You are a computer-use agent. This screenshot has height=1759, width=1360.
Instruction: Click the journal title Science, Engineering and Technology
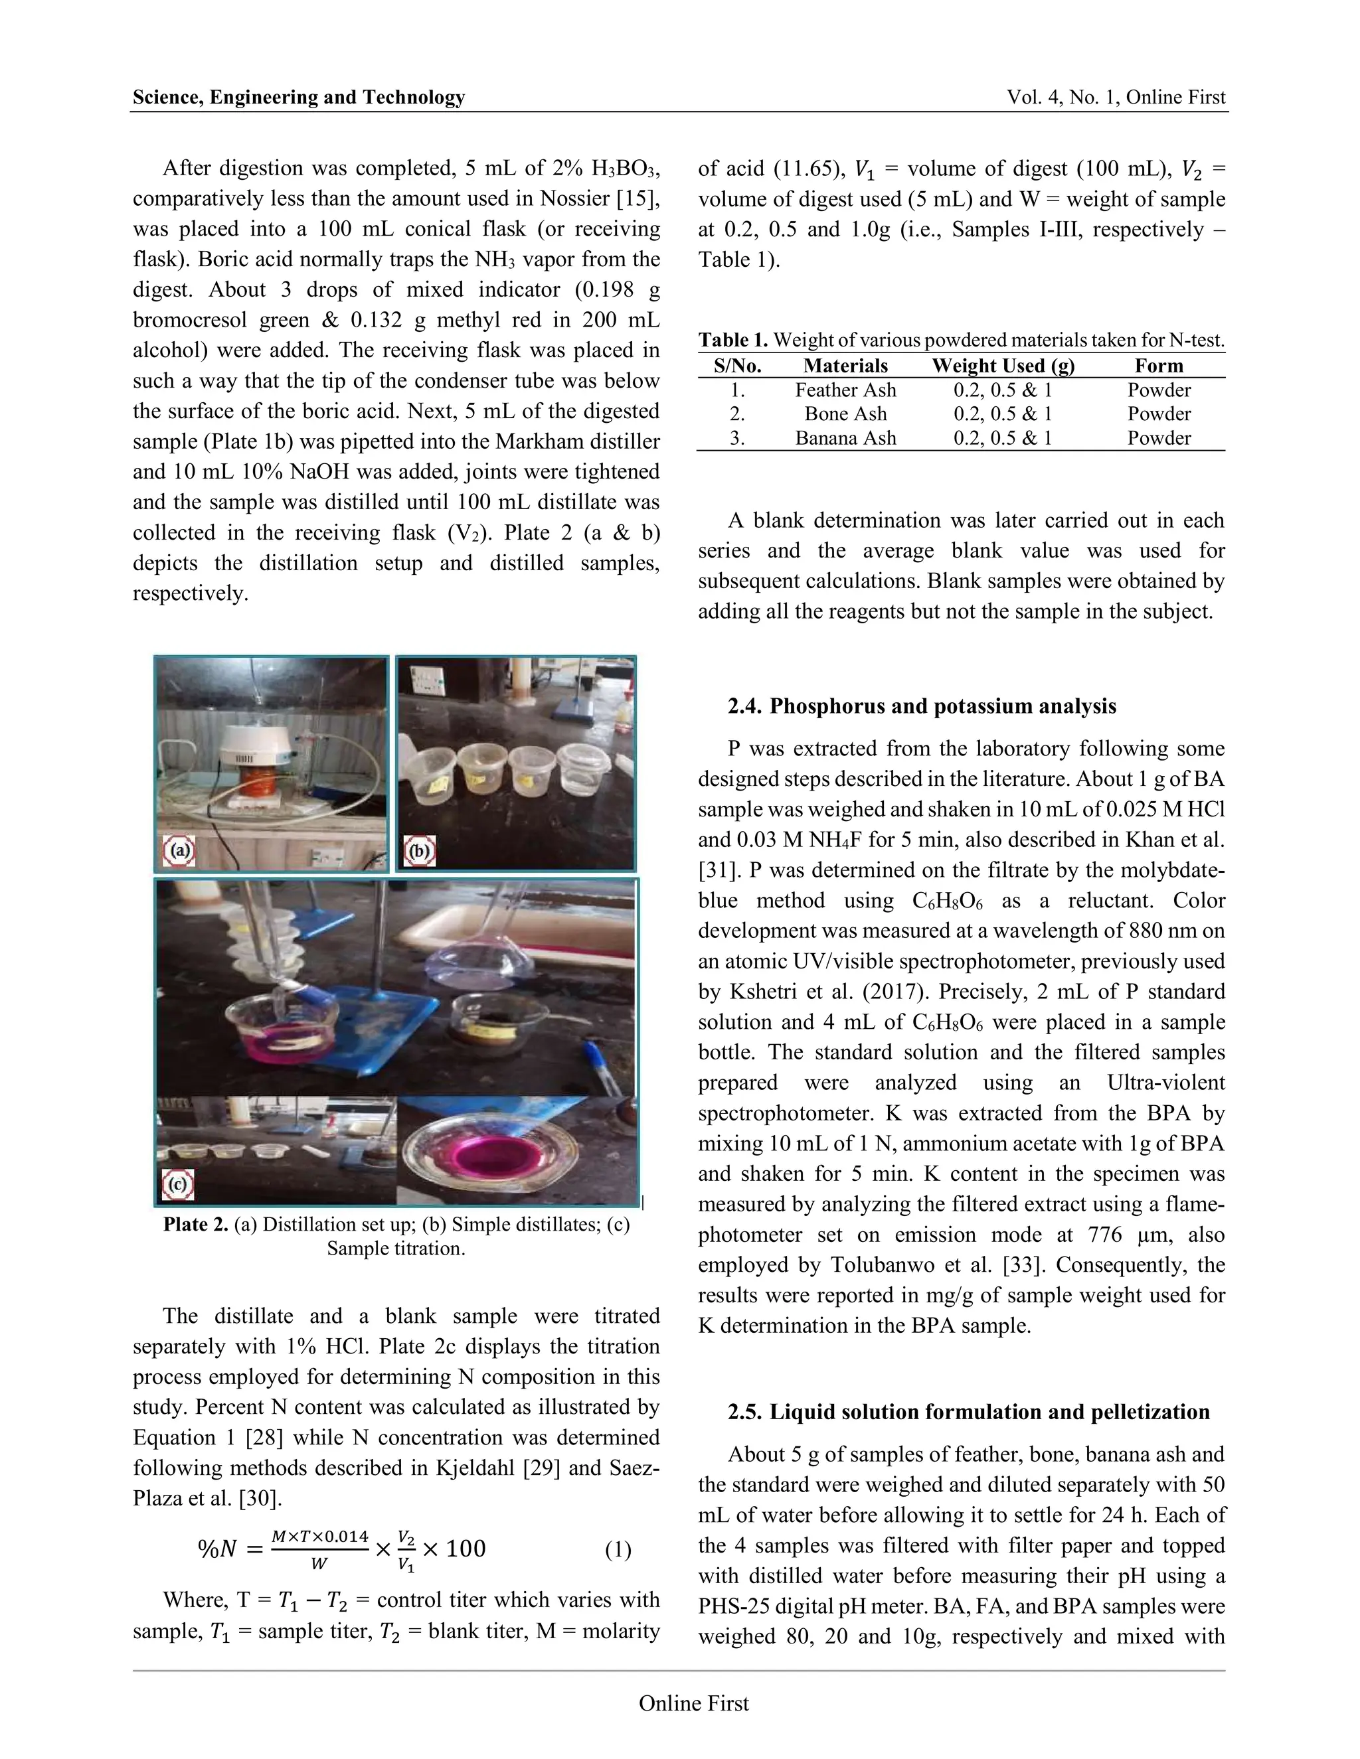coord(299,98)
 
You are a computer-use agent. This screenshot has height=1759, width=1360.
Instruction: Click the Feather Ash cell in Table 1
coord(845,390)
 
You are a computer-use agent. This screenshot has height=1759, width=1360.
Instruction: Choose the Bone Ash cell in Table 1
coord(845,414)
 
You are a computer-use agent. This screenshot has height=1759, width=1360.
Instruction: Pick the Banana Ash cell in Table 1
coord(845,438)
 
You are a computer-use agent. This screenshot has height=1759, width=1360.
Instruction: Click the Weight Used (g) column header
coord(1003,366)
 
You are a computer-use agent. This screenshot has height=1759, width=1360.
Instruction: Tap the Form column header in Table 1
coord(1159,366)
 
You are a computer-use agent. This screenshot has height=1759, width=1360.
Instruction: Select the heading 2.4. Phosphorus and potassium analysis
coord(922,706)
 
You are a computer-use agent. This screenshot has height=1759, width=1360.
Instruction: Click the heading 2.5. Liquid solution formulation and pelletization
coord(968,1412)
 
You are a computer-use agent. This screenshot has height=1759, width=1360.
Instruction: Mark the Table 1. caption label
coord(733,341)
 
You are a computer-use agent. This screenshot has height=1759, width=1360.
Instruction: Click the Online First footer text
coord(694,1703)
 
